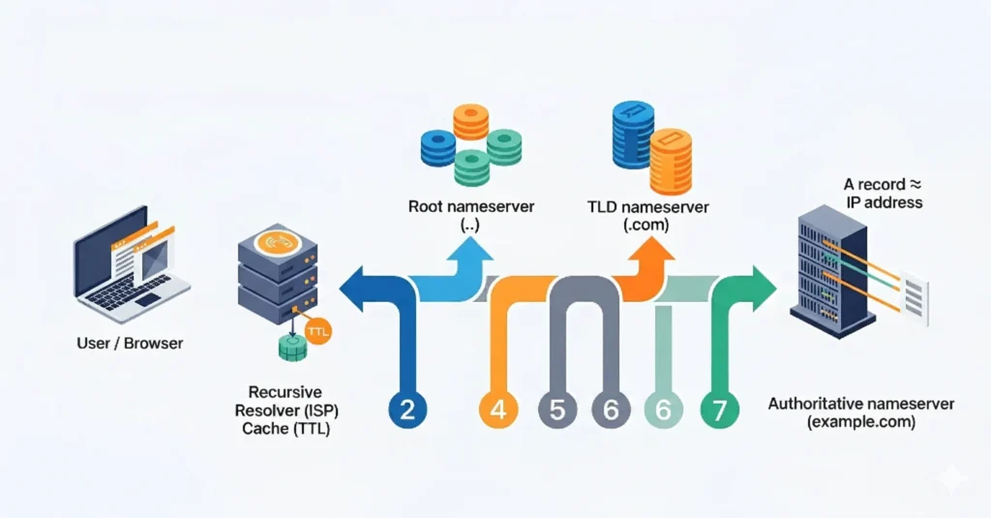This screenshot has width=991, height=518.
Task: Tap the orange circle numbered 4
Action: point(497,410)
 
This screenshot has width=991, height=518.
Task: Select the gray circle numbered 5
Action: point(556,410)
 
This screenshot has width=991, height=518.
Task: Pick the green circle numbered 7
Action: point(719,410)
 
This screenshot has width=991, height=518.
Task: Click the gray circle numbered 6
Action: point(611,410)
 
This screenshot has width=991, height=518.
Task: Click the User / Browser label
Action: point(130,343)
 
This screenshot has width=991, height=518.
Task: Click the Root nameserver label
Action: point(458,206)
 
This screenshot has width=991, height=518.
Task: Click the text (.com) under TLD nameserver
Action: point(648,226)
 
